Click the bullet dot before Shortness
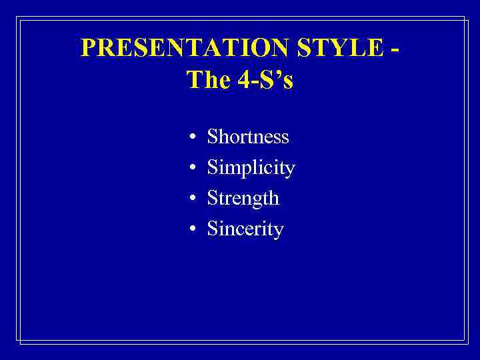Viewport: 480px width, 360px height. click(x=191, y=138)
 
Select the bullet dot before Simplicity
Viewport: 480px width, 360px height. click(x=191, y=169)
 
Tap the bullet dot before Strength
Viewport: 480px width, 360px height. click(x=191, y=199)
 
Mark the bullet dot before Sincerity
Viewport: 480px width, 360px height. click(x=191, y=230)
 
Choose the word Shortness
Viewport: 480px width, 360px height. click(x=248, y=137)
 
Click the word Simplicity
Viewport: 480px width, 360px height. click(x=251, y=168)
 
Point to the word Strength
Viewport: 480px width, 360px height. click(x=243, y=199)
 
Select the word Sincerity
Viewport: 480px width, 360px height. click(x=245, y=229)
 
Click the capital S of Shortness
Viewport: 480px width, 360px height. click(x=213, y=137)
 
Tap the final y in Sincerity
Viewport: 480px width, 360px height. click(x=279, y=232)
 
